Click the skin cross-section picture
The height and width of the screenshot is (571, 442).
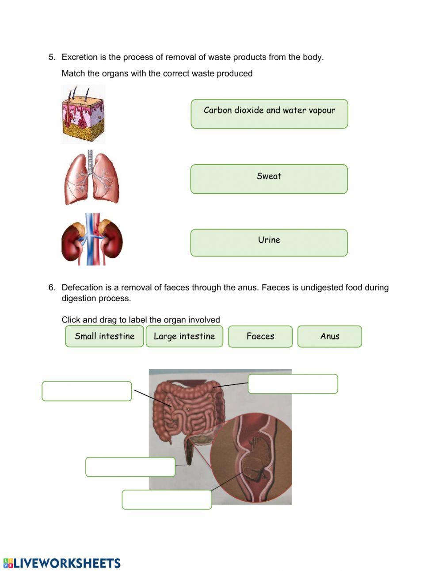click(x=83, y=114)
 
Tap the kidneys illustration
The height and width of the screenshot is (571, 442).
click(x=92, y=239)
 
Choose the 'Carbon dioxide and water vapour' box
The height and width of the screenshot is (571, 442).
click(x=269, y=114)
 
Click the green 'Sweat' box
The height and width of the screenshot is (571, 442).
click(x=269, y=179)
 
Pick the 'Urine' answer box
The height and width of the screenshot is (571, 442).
click(x=269, y=242)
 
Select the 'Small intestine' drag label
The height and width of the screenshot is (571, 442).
click(x=104, y=336)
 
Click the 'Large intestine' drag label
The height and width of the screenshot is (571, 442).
click(x=184, y=336)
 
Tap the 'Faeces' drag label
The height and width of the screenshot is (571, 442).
click(x=260, y=336)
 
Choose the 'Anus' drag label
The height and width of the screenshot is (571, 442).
click(x=330, y=336)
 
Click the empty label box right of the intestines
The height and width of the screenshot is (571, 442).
click(x=293, y=383)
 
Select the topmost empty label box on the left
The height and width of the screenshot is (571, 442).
click(x=87, y=391)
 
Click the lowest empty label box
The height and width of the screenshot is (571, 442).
click(x=167, y=499)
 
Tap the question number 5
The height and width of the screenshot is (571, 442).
click(x=52, y=57)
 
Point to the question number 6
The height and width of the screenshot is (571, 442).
click(x=52, y=287)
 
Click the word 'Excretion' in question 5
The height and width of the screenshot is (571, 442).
click(x=80, y=57)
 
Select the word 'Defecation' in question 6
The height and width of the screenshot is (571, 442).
click(x=81, y=287)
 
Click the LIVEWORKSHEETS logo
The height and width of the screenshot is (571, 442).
click(x=62, y=563)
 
